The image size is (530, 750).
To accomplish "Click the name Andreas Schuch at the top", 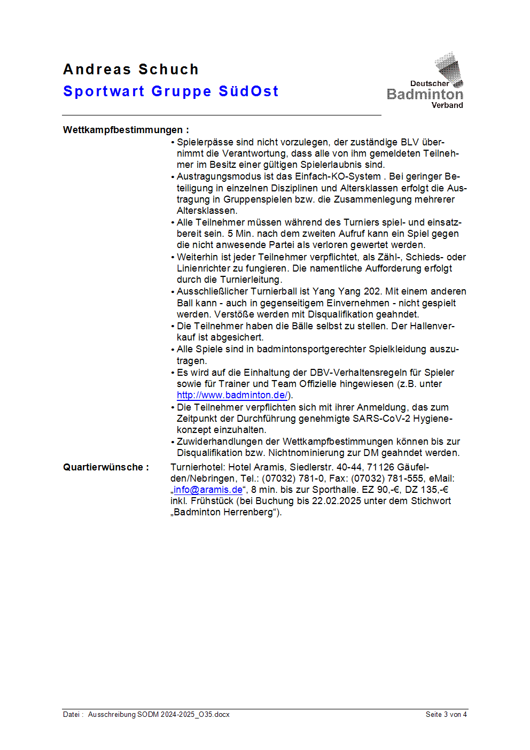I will (x=131, y=69).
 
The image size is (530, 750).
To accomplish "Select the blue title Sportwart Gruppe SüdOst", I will (x=171, y=91).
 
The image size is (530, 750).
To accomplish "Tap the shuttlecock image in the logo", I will (x=449, y=68).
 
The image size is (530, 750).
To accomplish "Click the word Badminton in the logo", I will (x=425, y=95).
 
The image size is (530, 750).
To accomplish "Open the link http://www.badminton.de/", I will (x=232, y=395).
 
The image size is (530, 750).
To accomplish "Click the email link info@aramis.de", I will (x=208, y=490).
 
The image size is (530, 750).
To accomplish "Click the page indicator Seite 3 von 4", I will (x=446, y=714).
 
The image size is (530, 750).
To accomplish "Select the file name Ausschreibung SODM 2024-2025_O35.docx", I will (x=159, y=714).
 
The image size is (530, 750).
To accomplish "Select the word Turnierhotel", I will (x=197, y=467).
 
